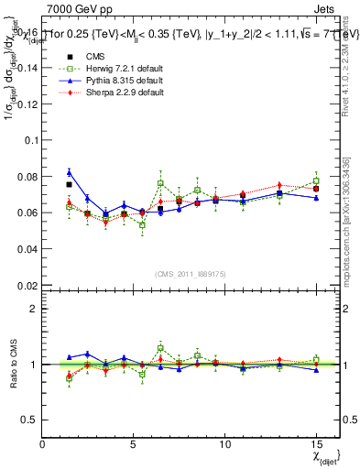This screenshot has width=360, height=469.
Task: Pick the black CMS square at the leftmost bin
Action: [x=70, y=184]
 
